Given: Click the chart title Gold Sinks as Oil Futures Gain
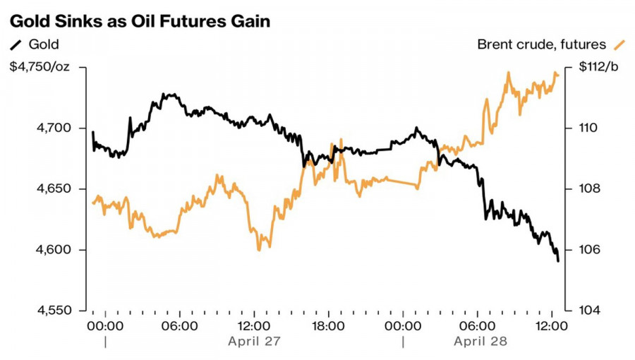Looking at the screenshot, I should pos(139,21).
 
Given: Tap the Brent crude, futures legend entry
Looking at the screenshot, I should pos(541,44).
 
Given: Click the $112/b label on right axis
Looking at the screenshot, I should pos(598,67).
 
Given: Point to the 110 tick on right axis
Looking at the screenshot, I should pos(588,128).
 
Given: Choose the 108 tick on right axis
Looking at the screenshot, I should pos(588,189).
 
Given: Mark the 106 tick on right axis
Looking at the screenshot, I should pos(588,250).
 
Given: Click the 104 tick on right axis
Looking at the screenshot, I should pos(588,311).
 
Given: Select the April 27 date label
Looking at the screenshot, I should pos(254,341).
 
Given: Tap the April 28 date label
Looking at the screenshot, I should pos(480,341).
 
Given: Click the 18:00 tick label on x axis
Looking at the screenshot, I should pos(328,326).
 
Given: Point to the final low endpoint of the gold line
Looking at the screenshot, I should pos(558,261).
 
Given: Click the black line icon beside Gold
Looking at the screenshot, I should pos(16,45).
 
